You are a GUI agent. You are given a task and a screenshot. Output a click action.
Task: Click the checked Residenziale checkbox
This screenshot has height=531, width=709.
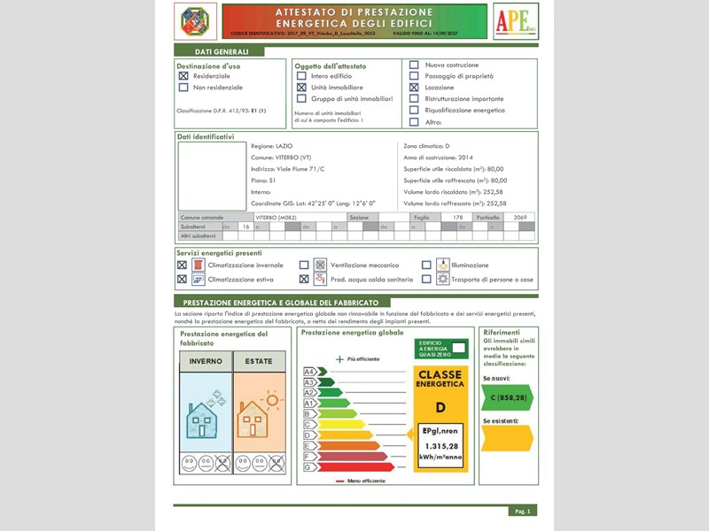[x=183, y=76]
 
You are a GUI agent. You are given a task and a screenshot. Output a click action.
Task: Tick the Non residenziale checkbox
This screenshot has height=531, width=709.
[x=183, y=88]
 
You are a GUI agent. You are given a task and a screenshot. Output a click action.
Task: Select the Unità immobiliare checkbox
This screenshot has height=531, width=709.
[x=301, y=88]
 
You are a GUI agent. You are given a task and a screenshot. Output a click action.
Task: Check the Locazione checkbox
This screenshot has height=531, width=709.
[x=414, y=88]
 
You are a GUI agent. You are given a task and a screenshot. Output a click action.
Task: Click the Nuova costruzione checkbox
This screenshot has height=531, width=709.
[x=414, y=65]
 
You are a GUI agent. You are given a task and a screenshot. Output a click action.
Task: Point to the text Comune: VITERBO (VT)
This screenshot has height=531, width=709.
[x=281, y=157]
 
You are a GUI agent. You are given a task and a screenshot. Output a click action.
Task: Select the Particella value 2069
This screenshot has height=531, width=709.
[x=519, y=217]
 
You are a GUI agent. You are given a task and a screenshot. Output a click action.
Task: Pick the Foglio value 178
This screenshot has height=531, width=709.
[x=457, y=217]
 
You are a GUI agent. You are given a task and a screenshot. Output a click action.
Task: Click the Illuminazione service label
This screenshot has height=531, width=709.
[x=470, y=265]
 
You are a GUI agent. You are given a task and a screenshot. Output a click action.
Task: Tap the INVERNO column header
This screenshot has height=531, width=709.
[x=206, y=361]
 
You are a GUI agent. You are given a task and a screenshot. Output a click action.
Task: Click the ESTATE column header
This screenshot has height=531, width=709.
[x=259, y=361]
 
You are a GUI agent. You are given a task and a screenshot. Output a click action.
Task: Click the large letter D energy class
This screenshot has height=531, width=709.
[x=440, y=407]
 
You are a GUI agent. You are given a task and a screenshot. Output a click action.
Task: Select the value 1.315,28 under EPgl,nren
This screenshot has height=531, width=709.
[x=440, y=446]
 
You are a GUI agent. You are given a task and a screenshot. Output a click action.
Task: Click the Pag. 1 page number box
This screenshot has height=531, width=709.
[x=522, y=511]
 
